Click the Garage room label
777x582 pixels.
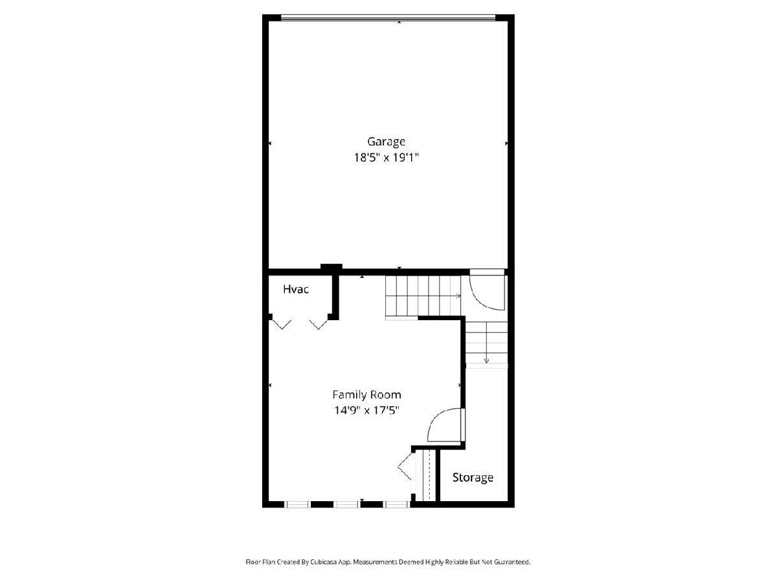[386, 142]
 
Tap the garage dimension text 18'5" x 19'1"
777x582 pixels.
[386, 157]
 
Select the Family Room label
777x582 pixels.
[366, 394]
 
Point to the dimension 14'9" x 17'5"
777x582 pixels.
[366, 410]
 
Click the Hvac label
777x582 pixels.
[295, 290]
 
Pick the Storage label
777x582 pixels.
[473, 477]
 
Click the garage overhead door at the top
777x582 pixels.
[388, 17]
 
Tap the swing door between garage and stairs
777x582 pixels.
[487, 290]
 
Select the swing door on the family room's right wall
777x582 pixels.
[446, 425]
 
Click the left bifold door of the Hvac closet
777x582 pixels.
[282, 324]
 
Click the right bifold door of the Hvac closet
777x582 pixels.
[319, 324]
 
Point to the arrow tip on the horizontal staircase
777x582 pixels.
[460, 296]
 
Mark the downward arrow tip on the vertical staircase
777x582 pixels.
[486, 363]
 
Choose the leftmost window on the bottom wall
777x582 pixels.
[297, 504]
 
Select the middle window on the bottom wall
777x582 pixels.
[347, 504]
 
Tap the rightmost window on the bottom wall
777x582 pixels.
[397, 504]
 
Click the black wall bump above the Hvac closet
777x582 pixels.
[332, 267]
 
